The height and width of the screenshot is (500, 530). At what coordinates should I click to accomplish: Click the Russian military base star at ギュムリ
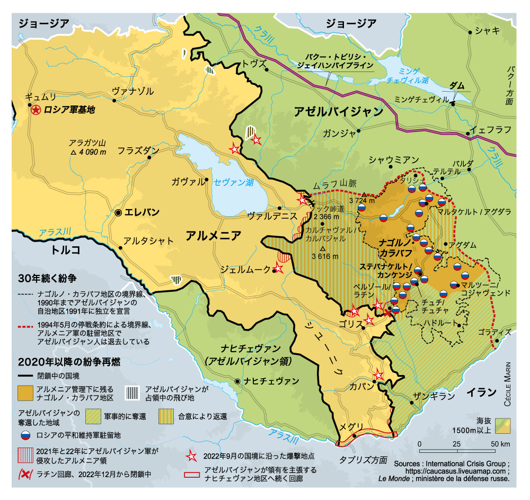coord(36,110)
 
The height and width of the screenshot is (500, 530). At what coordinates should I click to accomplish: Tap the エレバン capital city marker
coord(118,212)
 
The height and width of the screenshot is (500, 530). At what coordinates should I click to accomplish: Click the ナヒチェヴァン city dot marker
coord(236,381)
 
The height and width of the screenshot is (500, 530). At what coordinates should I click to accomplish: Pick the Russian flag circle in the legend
coord(24,435)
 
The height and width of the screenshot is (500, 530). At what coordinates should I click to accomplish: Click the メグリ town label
coord(351,427)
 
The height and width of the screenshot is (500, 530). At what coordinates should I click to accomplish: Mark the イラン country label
coord(481,392)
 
